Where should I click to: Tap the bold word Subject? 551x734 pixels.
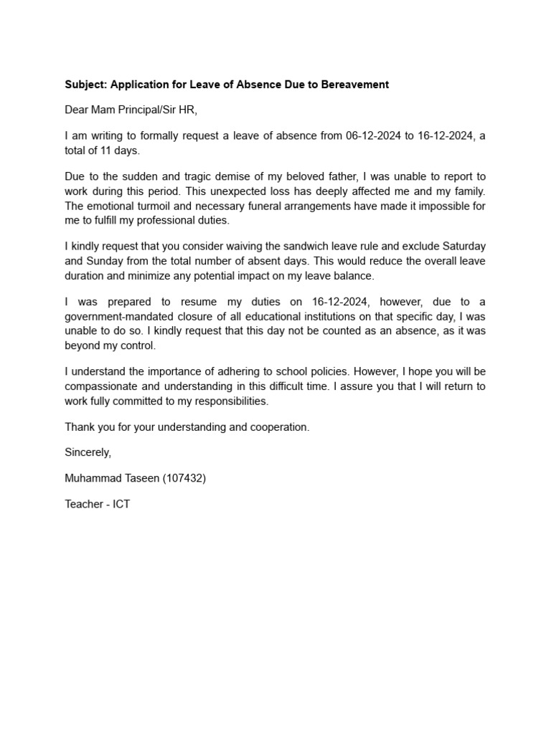86,85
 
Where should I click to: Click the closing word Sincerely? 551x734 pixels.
88,452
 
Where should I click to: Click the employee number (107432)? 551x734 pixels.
185,478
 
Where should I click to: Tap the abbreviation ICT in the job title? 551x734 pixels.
121,504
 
